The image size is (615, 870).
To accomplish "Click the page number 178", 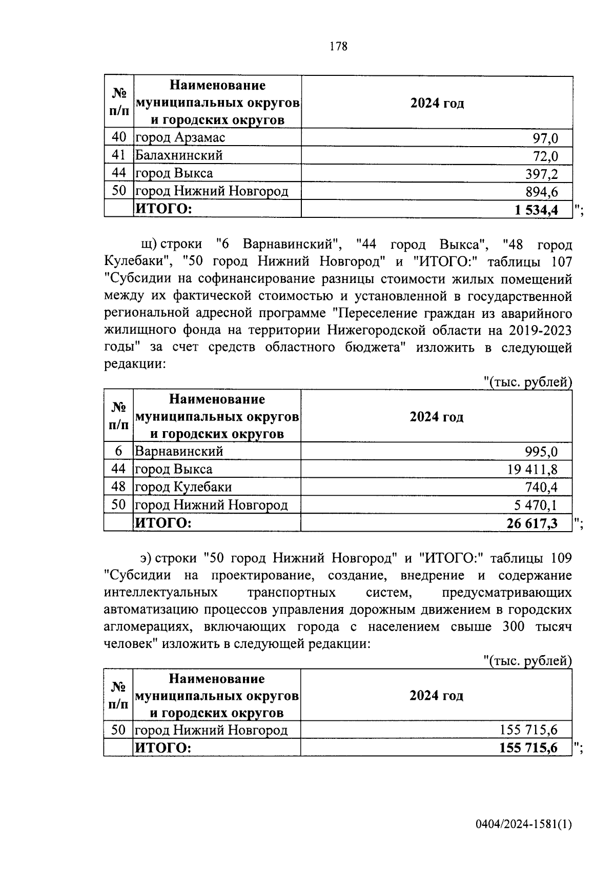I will pyautogui.click(x=339, y=47).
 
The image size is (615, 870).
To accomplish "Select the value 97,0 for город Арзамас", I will pyautogui.click(x=546, y=138).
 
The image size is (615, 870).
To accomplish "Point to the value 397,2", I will pyautogui.click(x=541, y=174).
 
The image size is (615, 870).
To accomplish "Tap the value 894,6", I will pyautogui.click(x=541, y=192).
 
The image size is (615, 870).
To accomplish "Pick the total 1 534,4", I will pyautogui.click(x=536, y=210).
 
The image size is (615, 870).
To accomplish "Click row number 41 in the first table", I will pyautogui.click(x=118, y=155).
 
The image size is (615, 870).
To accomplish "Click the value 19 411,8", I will pyautogui.click(x=533, y=469).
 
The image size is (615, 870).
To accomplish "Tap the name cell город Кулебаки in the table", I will pyautogui.click(x=183, y=487).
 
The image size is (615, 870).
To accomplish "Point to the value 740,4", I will pyautogui.click(x=541, y=487).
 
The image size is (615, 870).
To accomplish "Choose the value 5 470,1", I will pyautogui.click(x=536, y=505).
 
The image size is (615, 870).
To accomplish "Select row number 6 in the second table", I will pyautogui.click(x=118, y=451).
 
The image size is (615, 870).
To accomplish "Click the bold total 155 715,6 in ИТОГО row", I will pyautogui.click(x=528, y=748).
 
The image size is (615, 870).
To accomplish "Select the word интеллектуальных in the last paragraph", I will pyautogui.click(x=160, y=593).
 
